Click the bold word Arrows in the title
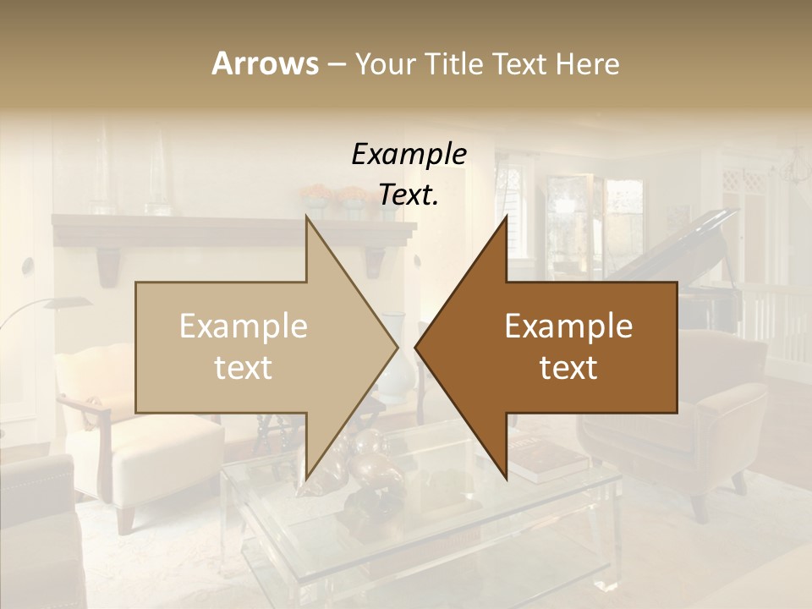pos(265,64)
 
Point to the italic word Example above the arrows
pos(409,155)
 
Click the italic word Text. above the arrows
pos(409,195)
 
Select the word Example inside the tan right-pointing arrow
pos(244,326)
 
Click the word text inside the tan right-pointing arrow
pos(244,368)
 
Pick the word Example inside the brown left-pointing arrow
pos(568,326)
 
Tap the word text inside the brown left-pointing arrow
pos(568,368)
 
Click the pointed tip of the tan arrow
pos(397,347)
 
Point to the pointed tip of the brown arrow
pos(416,347)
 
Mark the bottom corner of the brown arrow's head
pos(506,476)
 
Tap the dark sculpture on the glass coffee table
pos(364,474)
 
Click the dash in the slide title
pos(336,64)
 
